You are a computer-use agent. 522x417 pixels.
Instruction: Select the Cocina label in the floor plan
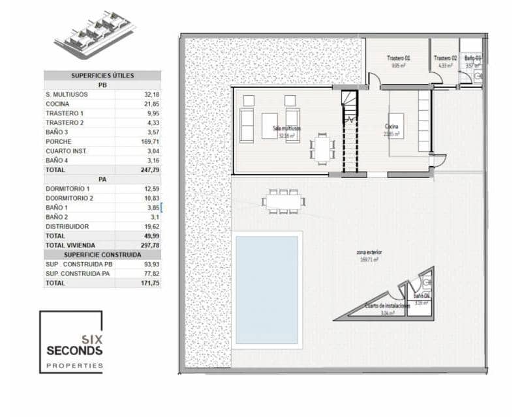tap(391, 126)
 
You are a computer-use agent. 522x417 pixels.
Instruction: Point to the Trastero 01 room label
tap(398, 58)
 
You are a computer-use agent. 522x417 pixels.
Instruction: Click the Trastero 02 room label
tap(446, 58)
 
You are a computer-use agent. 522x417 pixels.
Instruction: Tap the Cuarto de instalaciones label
tap(387, 306)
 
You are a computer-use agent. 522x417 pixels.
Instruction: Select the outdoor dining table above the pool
tap(284, 201)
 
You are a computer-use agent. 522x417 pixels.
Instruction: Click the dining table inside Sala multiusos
tap(320, 149)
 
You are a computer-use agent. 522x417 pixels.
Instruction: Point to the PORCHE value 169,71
tap(147, 141)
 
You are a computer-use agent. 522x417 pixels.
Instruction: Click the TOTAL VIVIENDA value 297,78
tap(147, 245)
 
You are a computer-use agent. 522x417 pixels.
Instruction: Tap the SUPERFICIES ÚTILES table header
tap(102, 76)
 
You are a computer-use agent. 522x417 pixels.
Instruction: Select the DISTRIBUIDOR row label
tap(68, 226)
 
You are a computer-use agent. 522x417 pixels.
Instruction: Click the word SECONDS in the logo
tap(74, 351)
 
